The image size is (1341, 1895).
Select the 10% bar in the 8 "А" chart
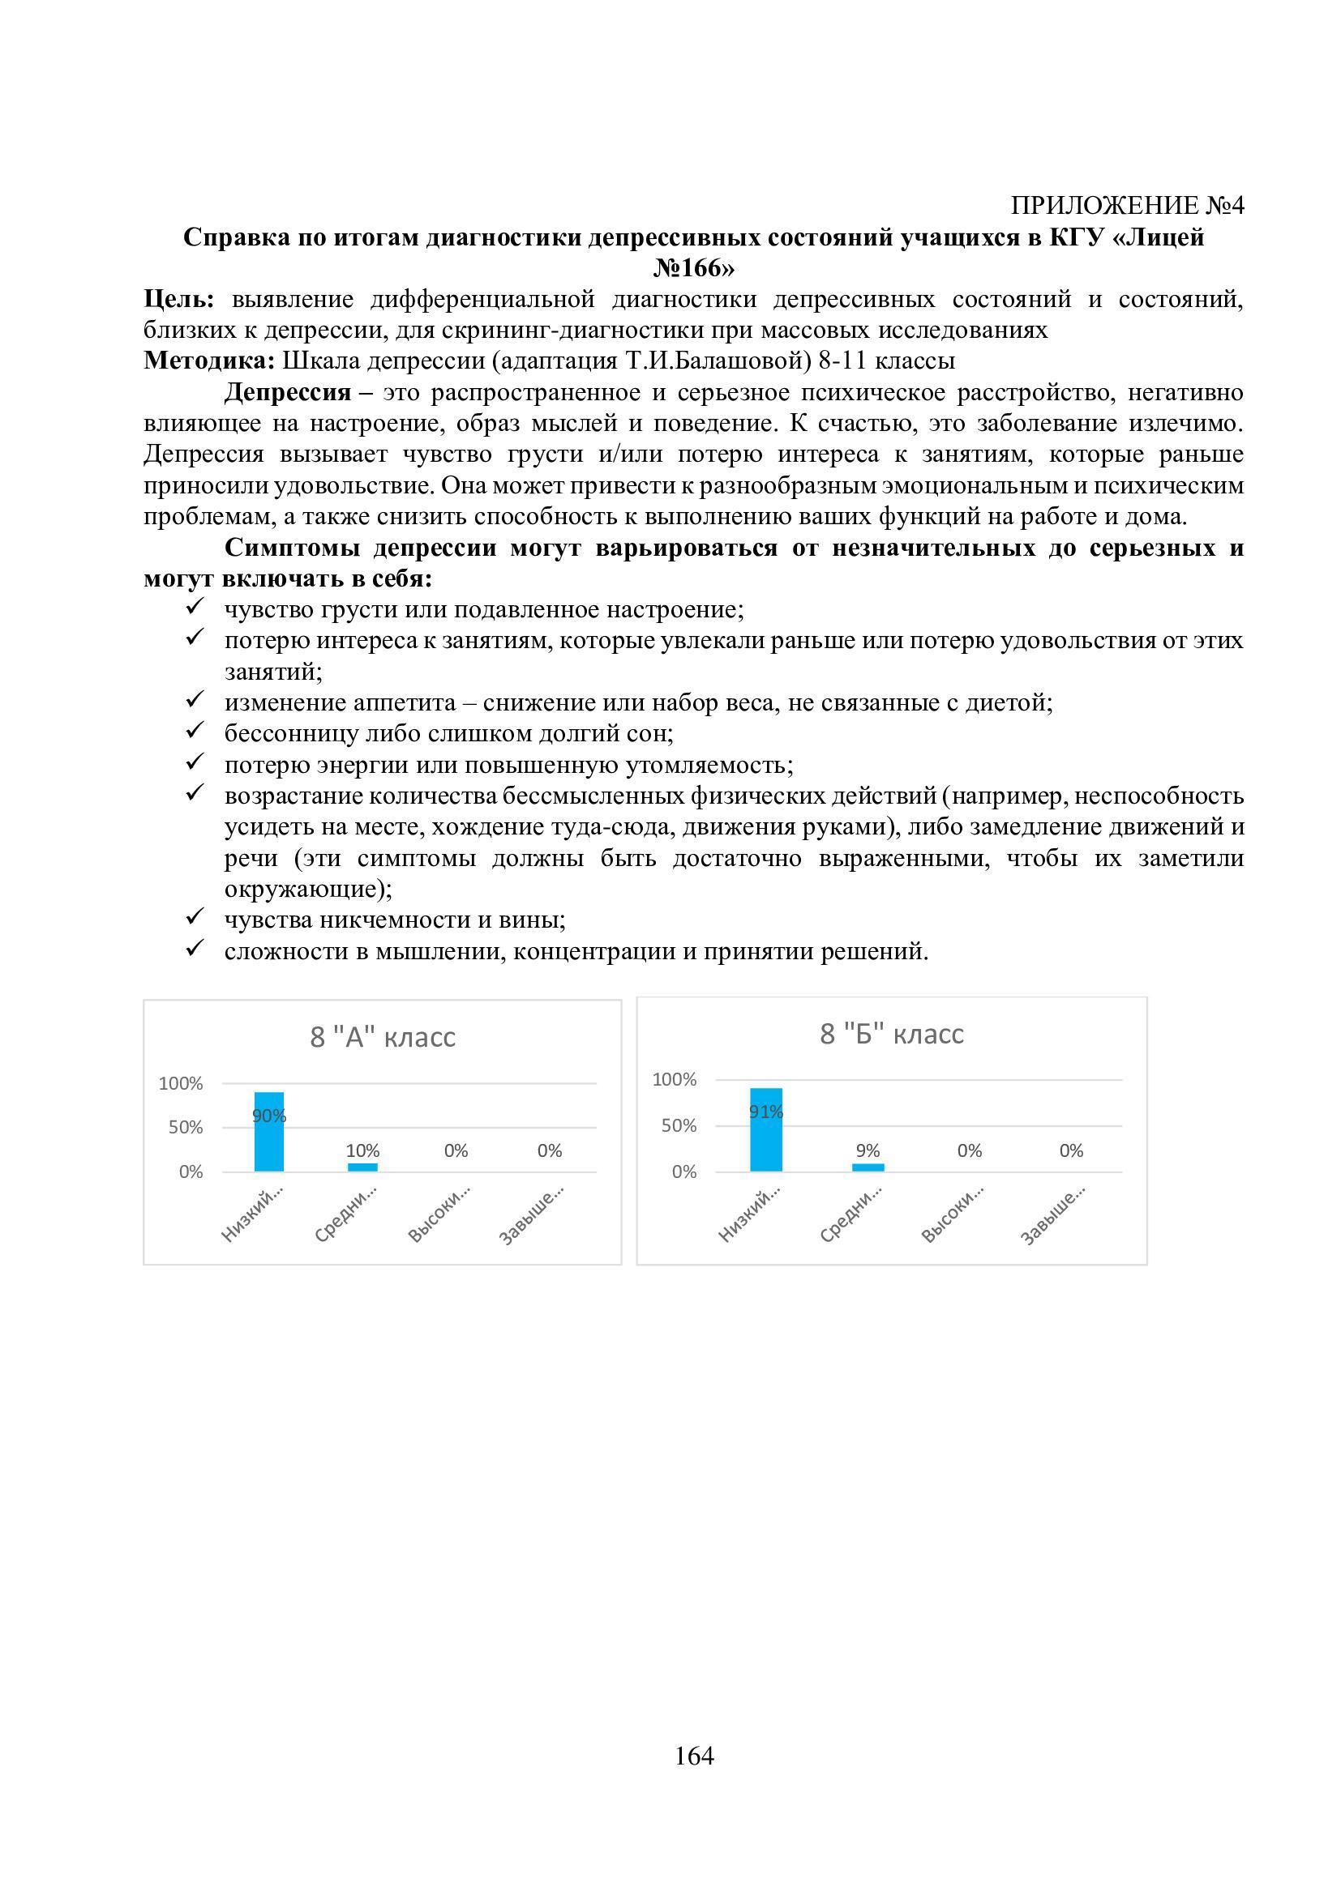[362, 1167]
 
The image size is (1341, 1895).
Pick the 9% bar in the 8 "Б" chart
[868, 1167]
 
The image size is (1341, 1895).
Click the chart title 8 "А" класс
[383, 1037]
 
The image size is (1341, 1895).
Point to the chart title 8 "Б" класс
[892, 1033]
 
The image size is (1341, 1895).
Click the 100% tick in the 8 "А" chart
[181, 1084]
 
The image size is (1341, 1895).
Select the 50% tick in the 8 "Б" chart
[679, 1126]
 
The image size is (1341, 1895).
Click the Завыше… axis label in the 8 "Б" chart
[1053, 1214]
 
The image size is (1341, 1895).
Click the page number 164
[694, 1756]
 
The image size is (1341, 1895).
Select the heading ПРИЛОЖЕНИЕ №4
[1127, 206]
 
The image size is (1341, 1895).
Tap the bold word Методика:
[209, 361]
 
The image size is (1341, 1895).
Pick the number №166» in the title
[694, 268]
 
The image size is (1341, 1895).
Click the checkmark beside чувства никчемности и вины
[195, 917]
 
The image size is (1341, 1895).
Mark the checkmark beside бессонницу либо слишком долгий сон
[195, 731]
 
